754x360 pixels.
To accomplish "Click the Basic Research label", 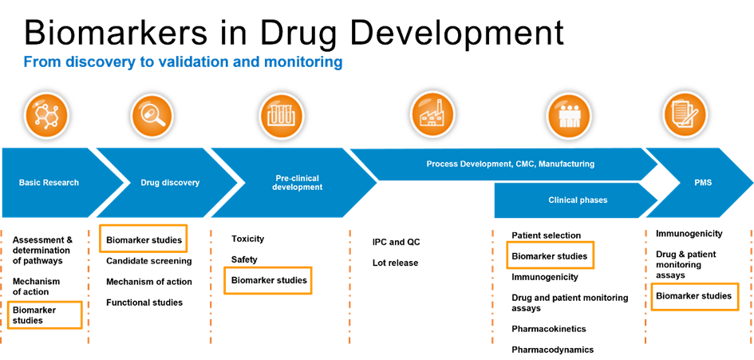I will click(x=49, y=183).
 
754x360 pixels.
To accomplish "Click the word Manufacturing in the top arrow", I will click(x=566, y=164).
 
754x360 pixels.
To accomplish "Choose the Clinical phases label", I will click(x=578, y=200).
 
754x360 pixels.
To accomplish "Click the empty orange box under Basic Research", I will click(x=45, y=315).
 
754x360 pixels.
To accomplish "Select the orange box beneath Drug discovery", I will click(x=143, y=238).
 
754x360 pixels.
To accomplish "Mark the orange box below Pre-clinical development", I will click(x=267, y=280).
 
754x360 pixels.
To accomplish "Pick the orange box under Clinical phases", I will click(x=551, y=255).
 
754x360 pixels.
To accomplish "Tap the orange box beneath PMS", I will click(x=695, y=296).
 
